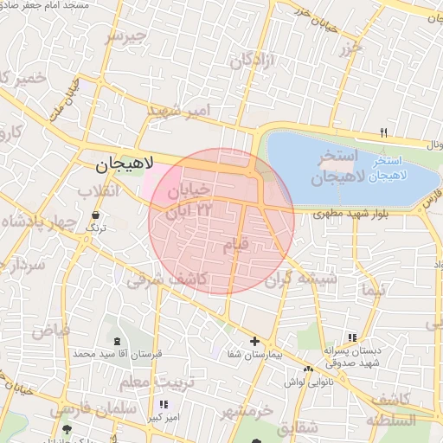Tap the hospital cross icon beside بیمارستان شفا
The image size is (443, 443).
click(254, 341)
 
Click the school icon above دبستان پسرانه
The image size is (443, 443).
click(351, 337)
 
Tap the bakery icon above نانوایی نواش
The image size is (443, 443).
click(309, 369)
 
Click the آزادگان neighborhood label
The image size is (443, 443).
click(252, 61)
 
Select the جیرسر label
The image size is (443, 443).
click(126, 36)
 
